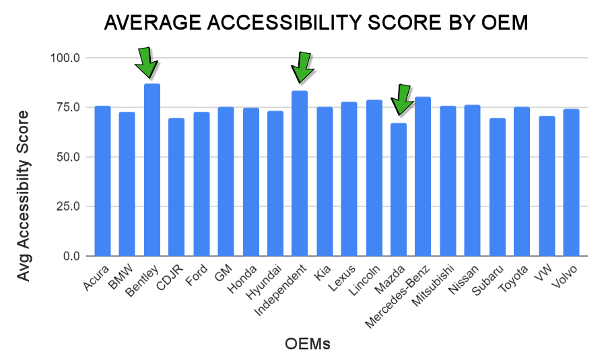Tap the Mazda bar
(399, 189)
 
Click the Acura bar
(102, 181)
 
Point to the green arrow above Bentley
(146, 63)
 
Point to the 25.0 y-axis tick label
(68, 207)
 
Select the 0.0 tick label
(71, 256)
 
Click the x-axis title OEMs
(308, 344)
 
